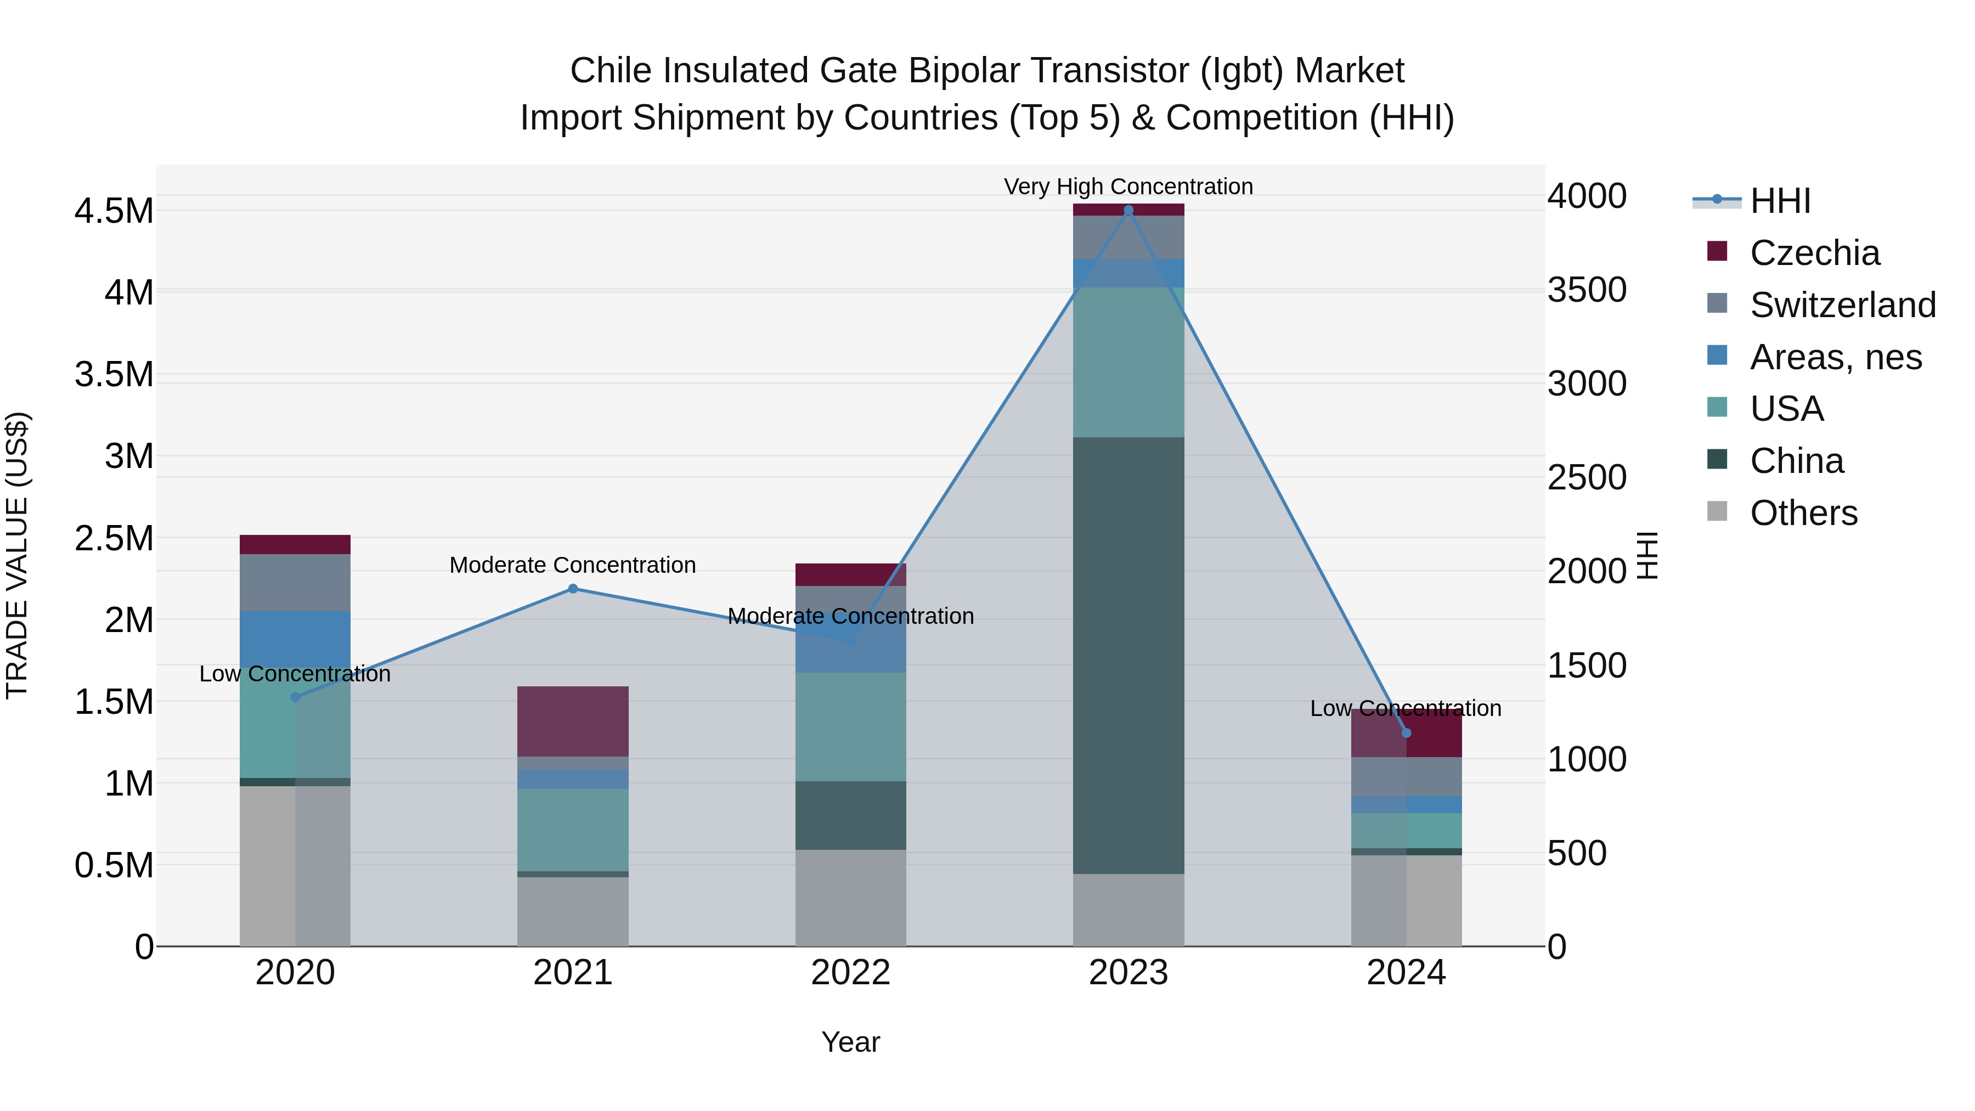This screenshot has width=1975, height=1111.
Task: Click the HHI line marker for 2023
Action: coord(1128,210)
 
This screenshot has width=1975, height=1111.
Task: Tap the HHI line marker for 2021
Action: coord(573,589)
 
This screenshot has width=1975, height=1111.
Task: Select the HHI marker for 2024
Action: coord(1406,733)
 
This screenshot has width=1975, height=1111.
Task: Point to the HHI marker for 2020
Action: coord(295,697)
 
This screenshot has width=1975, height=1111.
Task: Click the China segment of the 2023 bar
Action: coord(1128,656)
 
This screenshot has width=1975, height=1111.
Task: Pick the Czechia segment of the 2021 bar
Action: coord(573,721)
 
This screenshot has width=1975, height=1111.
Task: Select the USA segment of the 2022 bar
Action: coord(850,727)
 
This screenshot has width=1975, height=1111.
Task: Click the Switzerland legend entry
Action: coord(1842,304)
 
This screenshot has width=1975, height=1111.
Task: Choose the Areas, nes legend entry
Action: coord(1836,357)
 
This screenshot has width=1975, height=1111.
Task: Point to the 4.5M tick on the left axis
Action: coord(114,211)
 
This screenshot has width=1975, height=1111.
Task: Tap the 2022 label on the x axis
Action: coord(850,973)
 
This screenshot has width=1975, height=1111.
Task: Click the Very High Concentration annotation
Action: coord(1128,187)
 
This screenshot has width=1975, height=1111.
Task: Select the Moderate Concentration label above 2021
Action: coord(573,565)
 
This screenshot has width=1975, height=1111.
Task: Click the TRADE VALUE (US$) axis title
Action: coord(18,555)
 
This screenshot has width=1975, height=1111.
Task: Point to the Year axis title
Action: coord(850,1042)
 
